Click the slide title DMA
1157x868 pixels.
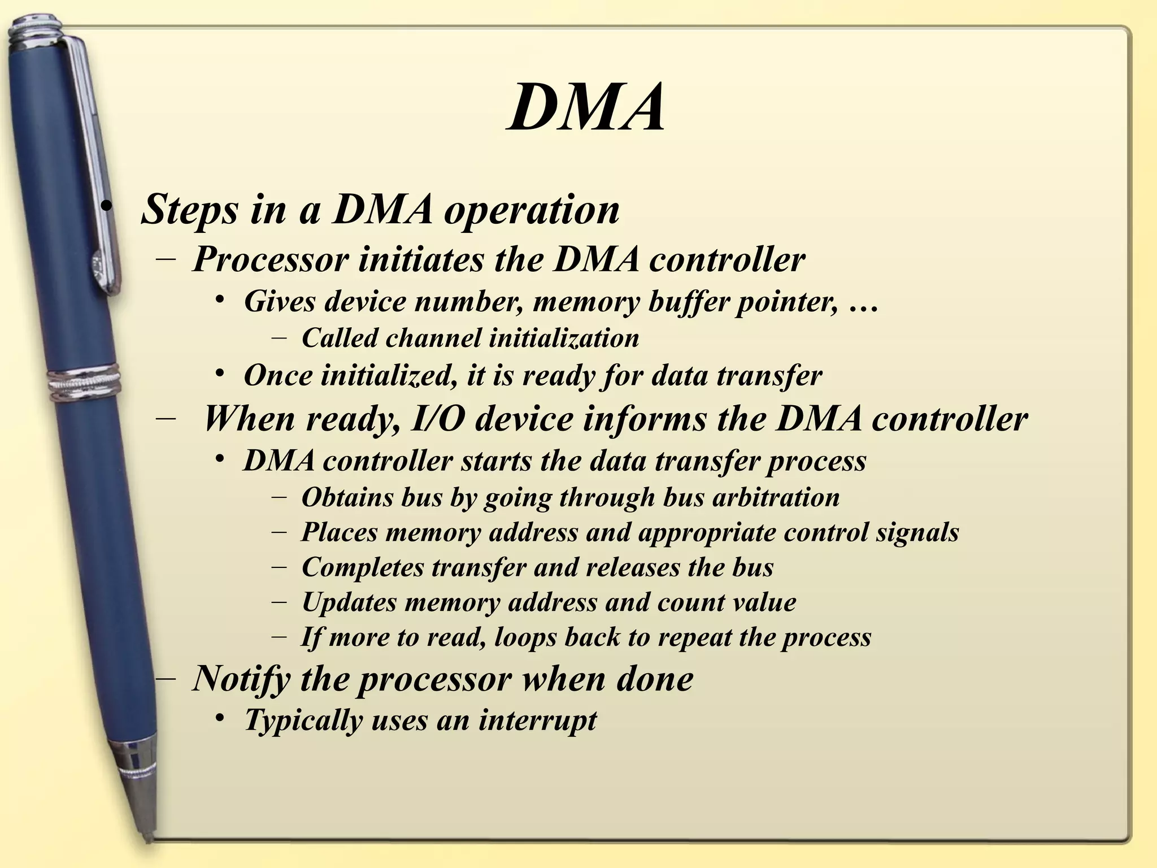585,107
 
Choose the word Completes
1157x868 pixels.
363,568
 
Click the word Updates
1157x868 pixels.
349,603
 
